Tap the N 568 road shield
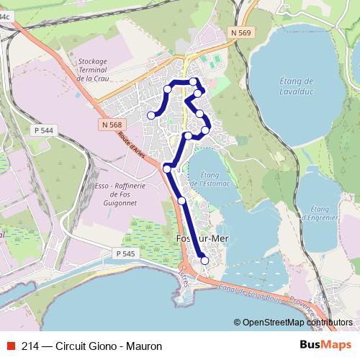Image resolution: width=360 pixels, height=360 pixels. [x=111, y=125]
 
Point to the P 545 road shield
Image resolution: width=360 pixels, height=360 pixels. [x=125, y=253]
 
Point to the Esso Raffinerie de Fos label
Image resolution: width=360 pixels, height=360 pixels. [x=115, y=194]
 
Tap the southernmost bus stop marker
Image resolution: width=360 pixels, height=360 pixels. [x=205, y=261]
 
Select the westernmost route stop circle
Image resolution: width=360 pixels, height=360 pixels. [x=151, y=115]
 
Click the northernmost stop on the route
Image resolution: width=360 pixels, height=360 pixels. [x=194, y=81]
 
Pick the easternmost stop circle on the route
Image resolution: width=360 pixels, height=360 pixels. [x=206, y=130]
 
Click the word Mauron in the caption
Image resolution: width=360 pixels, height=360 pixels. [x=144, y=346]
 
